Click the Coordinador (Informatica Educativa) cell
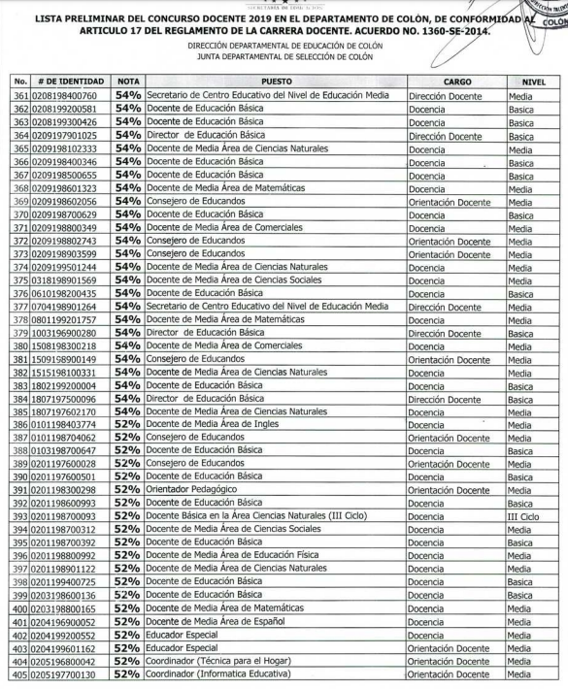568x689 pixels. click(x=217, y=675)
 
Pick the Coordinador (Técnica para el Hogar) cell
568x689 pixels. click(x=218, y=662)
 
